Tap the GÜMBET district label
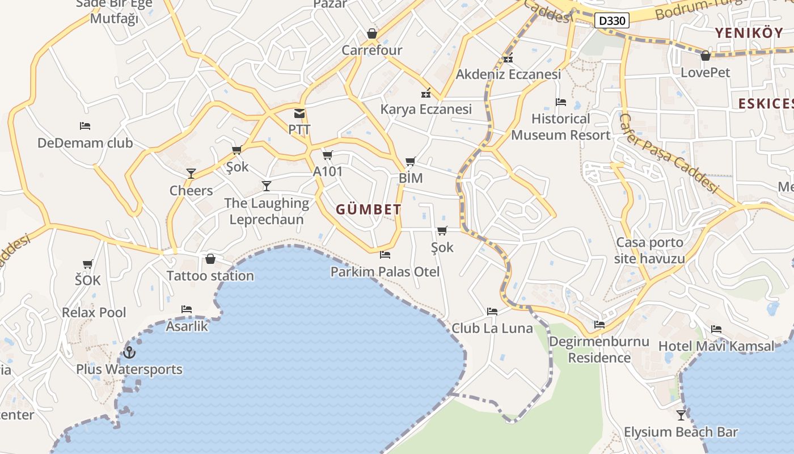369,209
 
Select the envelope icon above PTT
299,113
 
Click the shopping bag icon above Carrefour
372,34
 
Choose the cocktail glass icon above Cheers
191,174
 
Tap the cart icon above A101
327,155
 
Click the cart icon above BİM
411,162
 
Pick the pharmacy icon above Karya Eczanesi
426,93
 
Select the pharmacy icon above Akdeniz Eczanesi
508,58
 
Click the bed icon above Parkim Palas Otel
385,255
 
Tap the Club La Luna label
492,328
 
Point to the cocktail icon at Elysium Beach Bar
681,415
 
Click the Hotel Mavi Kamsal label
716,346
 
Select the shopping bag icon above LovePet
706,56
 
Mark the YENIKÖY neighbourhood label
749,33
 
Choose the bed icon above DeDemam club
85,126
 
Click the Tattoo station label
210,276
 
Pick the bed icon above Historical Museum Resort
561,102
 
